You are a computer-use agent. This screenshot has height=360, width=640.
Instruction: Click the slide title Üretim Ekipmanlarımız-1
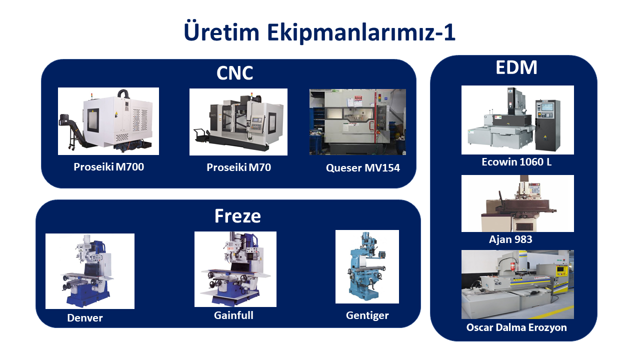[319, 32]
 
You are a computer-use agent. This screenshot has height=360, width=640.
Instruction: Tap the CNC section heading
[234, 73]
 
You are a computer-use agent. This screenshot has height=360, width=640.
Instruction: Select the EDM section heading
[516, 67]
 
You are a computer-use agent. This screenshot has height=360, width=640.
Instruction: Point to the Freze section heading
[237, 216]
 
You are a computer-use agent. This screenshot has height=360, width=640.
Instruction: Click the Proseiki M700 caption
[108, 167]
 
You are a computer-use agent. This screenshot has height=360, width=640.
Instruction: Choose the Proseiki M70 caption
[238, 167]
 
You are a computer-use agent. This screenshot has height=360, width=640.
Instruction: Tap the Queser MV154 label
[363, 168]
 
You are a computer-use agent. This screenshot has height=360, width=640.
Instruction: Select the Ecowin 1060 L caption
[516, 162]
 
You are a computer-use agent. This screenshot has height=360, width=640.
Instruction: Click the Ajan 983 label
[510, 239]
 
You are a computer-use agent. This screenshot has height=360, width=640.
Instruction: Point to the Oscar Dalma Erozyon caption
[516, 327]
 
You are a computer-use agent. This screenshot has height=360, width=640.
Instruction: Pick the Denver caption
[85, 318]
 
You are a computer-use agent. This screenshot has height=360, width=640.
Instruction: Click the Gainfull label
[233, 315]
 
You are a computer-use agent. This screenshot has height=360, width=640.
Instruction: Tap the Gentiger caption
[367, 315]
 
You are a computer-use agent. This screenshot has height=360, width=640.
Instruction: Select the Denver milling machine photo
[89, 271]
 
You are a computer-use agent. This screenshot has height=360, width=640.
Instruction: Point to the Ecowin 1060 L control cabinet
[547, 125]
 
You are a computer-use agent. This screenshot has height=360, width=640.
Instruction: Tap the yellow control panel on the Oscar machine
[561, 271]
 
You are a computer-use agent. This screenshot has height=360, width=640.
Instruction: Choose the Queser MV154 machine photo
[357, 122]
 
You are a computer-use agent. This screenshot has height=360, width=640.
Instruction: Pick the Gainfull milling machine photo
[235, 269]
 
